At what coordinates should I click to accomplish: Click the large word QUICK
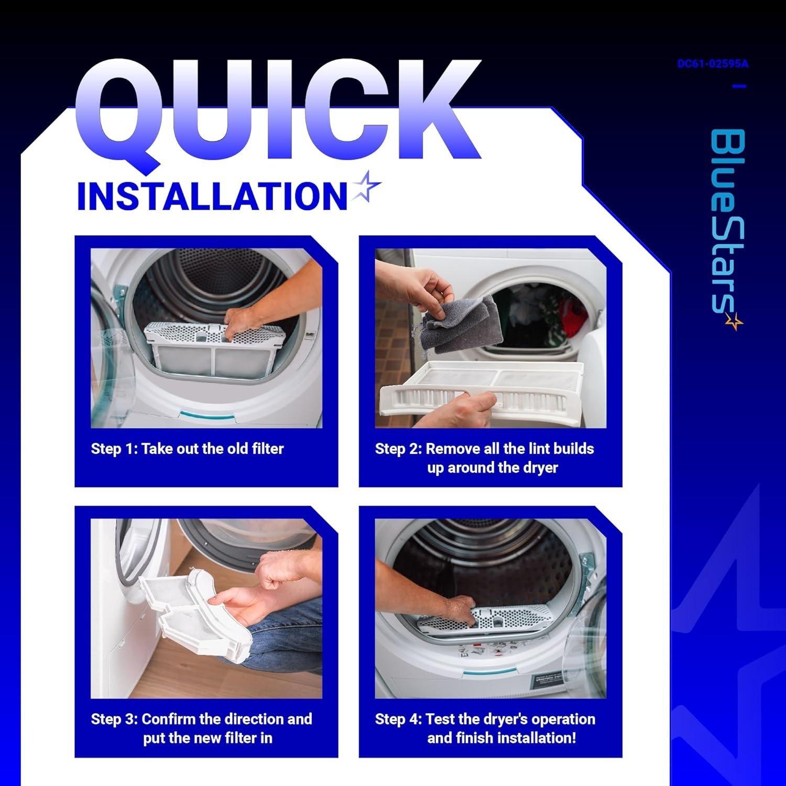pos(278,113)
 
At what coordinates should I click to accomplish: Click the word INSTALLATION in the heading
pos(212,196)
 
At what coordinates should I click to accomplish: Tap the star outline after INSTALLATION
pos(366,187)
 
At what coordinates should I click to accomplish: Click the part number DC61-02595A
pos(713,64)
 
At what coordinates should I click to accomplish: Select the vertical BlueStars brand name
pos(728,220)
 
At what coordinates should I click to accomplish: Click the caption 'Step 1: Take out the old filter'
pos(187,449)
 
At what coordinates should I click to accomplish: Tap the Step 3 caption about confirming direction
pos(202,728)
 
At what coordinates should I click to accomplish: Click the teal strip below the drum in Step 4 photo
pos(487,672)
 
